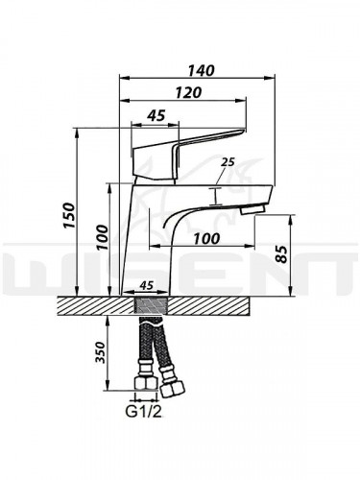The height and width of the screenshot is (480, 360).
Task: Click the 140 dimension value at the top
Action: click(x=202, y=71)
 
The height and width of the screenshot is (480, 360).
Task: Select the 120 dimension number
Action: click(x=189, y=92)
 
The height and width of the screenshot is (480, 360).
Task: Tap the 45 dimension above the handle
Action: click(x=156, y=115)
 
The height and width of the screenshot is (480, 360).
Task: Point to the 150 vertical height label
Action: click(x=69, y=215)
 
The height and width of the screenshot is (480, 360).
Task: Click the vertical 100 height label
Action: click(x=102, y=237)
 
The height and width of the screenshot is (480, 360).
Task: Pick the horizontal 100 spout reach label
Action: click(x=207, y=238)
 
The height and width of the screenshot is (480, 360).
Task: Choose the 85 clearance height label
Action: click(x=282, y=254)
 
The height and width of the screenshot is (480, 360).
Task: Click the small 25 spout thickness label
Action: click(x=228, y=162)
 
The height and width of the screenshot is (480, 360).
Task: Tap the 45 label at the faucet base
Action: click(x=147, y=285)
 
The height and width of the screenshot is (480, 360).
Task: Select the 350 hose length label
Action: click(x=101, y=352)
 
